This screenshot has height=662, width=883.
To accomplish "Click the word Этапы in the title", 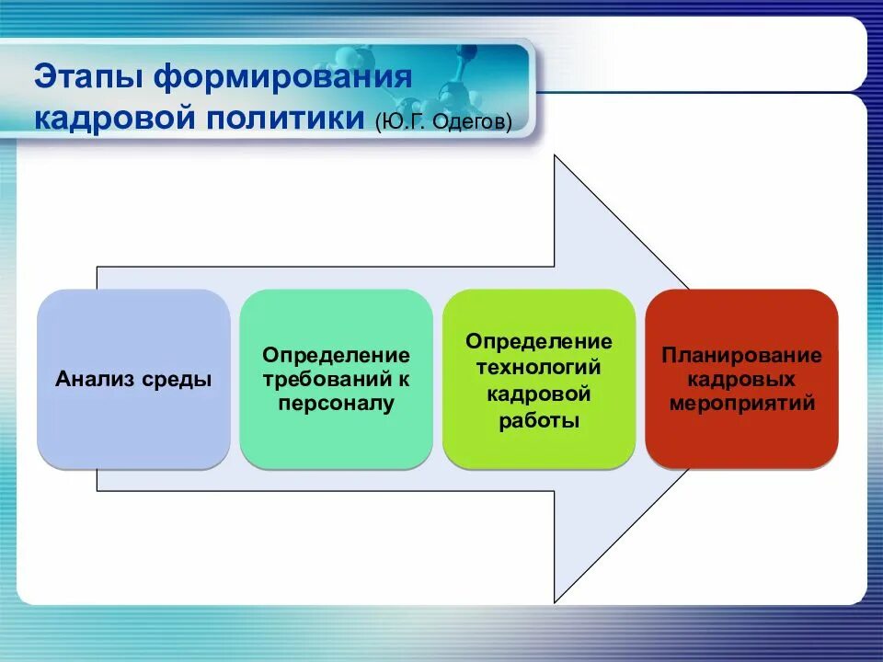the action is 89,77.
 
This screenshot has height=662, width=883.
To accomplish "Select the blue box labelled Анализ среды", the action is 133,379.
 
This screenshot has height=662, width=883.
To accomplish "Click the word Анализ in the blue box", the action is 95,379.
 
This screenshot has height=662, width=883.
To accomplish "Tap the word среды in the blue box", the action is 177,380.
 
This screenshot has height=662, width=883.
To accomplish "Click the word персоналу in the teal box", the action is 337,404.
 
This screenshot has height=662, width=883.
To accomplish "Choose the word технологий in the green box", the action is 539,367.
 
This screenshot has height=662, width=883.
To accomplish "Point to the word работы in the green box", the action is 539,420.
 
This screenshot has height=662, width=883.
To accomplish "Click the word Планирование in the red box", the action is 741,355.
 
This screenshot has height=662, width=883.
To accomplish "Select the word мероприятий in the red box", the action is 741,404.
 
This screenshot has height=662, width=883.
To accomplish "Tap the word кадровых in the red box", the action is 741,380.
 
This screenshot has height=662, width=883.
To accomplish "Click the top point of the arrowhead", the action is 555,155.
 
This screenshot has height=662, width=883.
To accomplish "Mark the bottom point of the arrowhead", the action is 555,602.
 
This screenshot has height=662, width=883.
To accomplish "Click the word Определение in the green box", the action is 539,342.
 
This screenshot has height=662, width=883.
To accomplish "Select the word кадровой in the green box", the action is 539,394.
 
